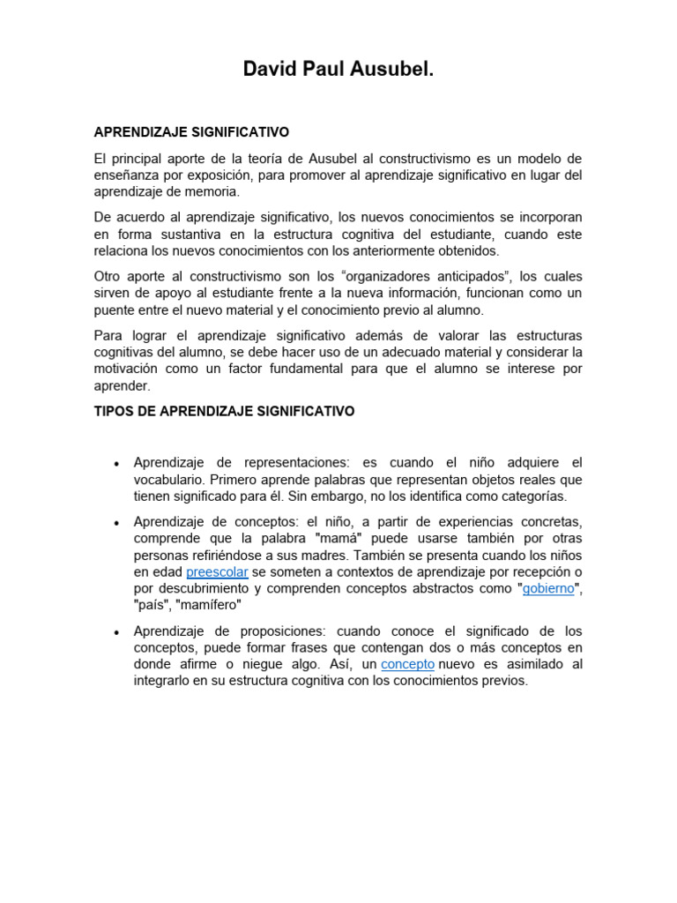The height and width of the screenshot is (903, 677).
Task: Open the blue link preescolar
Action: pos(217,572)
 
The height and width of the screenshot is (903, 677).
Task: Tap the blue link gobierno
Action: pos(548,589)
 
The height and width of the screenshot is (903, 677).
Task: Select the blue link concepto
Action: pos(407,664)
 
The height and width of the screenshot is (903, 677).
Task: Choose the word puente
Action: pos(115,310)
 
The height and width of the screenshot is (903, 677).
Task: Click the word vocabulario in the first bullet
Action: pos(168,480)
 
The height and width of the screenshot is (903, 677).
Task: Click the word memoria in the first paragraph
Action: pos(214,192)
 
